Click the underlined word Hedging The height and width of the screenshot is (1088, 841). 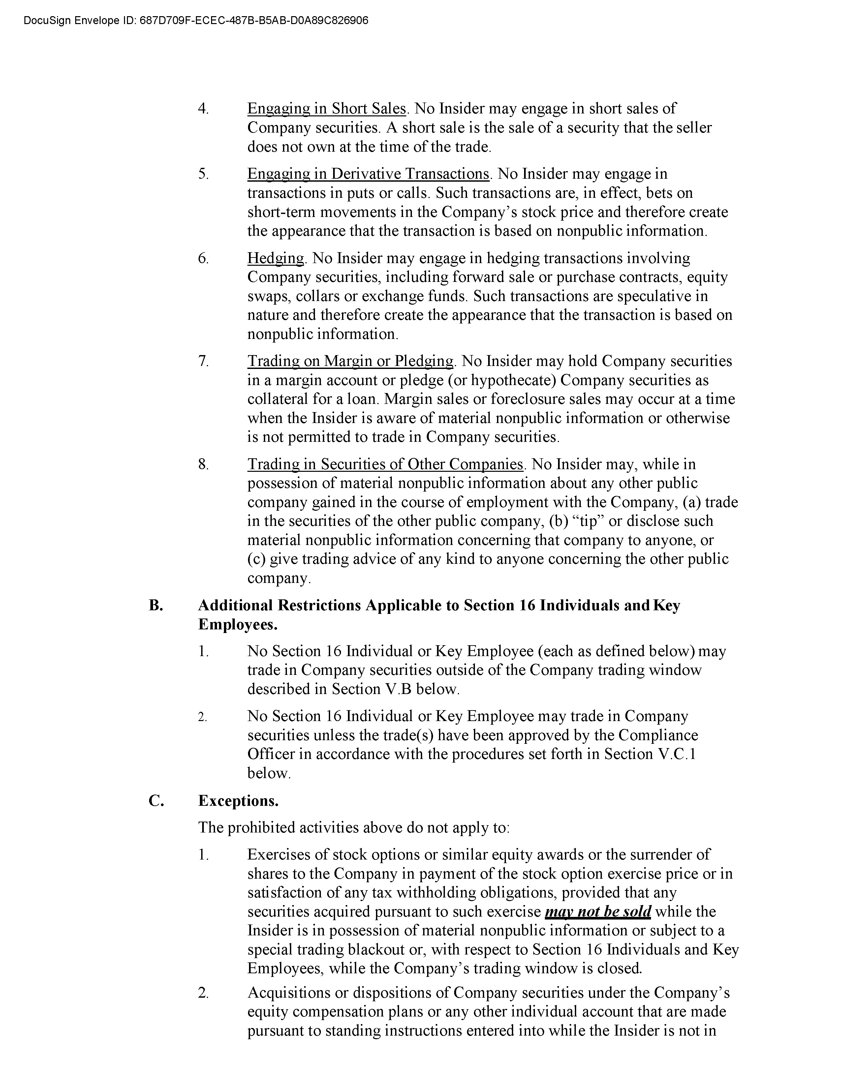pos(275,258)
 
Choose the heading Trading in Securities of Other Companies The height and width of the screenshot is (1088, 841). pos(385,464)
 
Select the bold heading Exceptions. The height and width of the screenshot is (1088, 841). pos(238,801)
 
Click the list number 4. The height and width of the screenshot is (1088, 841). pos(203,109)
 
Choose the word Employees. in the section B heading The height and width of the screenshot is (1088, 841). pos(238,625)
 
